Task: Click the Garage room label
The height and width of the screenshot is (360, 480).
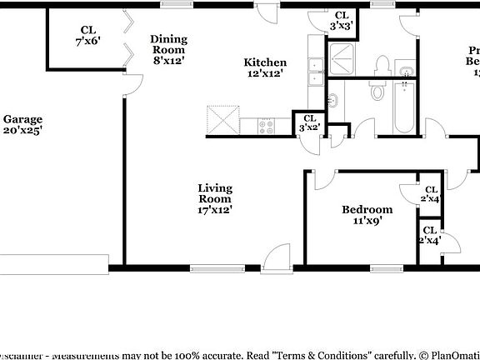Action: (x=22, y=124)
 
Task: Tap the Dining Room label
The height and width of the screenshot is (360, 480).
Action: (x=167, y=48)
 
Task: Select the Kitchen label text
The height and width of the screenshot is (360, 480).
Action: (x=265, y=68)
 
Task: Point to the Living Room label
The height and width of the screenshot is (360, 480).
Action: (x=214, y=198)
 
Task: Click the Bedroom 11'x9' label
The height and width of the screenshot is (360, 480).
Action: (x=367, y=215)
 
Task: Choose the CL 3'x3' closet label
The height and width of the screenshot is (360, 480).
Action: (x=342, y=21)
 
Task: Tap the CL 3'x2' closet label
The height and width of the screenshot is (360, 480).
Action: (x=309, y=123)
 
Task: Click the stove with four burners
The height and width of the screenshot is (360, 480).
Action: (x=267, y=127)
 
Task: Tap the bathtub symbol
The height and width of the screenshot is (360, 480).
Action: (x=404, y=108)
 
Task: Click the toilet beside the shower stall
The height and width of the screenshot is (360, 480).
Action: (x=382, y=64)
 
